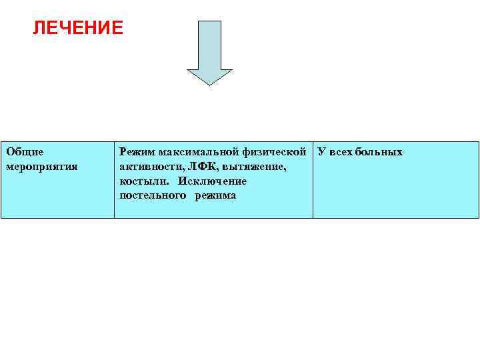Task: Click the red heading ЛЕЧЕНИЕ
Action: click(x=78, y=28)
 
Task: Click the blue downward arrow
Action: click(x=209, y=53)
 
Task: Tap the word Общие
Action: click(x=25, y=152)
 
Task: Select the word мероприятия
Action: click(x=41, y=167)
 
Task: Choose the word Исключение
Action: click(x=212, y=181)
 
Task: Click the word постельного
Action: click(x=153, y=196)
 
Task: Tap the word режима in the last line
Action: click(x=215, y=196)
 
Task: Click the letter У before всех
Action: click(x=321, y=152)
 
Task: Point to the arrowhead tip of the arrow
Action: click(x=209, y=83)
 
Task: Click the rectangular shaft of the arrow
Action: click(x=209, y=43)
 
